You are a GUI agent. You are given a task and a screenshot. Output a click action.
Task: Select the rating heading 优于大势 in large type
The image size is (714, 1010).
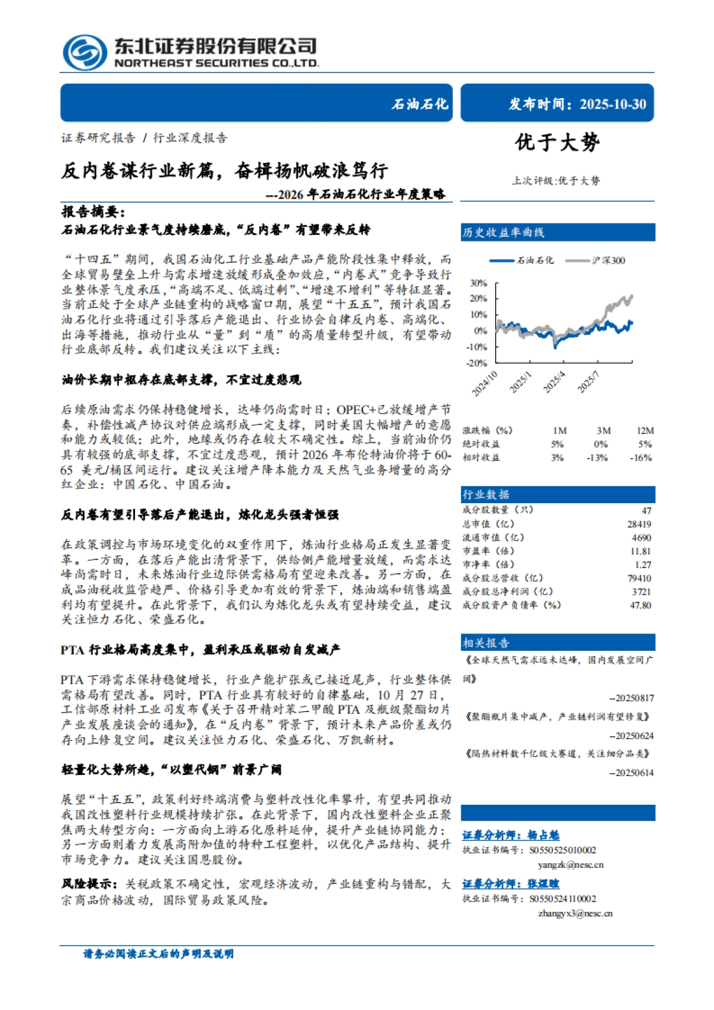[x=558, y=142]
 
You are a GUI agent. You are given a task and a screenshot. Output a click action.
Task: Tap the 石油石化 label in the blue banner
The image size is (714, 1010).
[x=419, y=104]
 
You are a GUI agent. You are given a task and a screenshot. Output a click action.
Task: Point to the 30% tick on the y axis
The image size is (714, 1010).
[x=478, y=283]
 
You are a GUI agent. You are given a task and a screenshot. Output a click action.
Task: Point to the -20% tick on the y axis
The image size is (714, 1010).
[x=477, y=363]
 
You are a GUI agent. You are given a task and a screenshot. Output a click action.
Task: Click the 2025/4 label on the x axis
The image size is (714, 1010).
[x=553, y=382]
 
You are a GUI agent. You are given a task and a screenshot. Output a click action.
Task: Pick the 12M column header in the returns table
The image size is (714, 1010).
[x=645, y=431]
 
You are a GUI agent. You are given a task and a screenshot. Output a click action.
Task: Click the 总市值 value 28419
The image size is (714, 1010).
[x=639, y=524]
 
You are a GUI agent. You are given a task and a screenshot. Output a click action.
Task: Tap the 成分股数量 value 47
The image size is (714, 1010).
[x=646, y=510]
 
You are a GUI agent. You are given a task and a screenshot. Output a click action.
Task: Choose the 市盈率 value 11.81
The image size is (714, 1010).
[x=641, y=551]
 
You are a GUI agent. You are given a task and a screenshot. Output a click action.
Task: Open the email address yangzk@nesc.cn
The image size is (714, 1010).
[x=571, y=865]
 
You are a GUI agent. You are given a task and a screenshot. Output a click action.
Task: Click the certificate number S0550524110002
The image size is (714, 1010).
[x=562, y=899]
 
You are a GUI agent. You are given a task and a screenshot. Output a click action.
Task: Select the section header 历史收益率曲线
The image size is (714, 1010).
[x=503, y=233]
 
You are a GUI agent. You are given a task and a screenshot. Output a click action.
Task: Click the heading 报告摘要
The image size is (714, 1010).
[x=93, y=211]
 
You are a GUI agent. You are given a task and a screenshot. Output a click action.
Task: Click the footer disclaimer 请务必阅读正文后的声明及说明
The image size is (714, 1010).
[x=158, y=954]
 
